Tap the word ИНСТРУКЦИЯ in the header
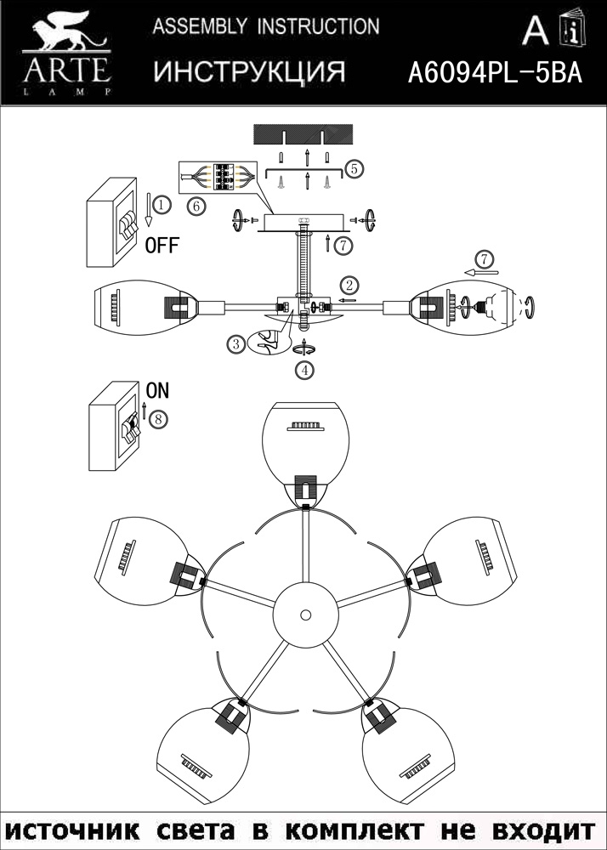click(249, 73)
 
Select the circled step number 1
click(163, 205)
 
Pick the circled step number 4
click(303, 370)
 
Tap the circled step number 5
click(354, 168)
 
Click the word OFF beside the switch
click(162, 246)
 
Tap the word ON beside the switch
click(157, 391)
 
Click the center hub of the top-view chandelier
click(303, 613)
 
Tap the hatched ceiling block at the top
click(303, 134)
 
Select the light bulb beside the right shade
click(490, 306)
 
